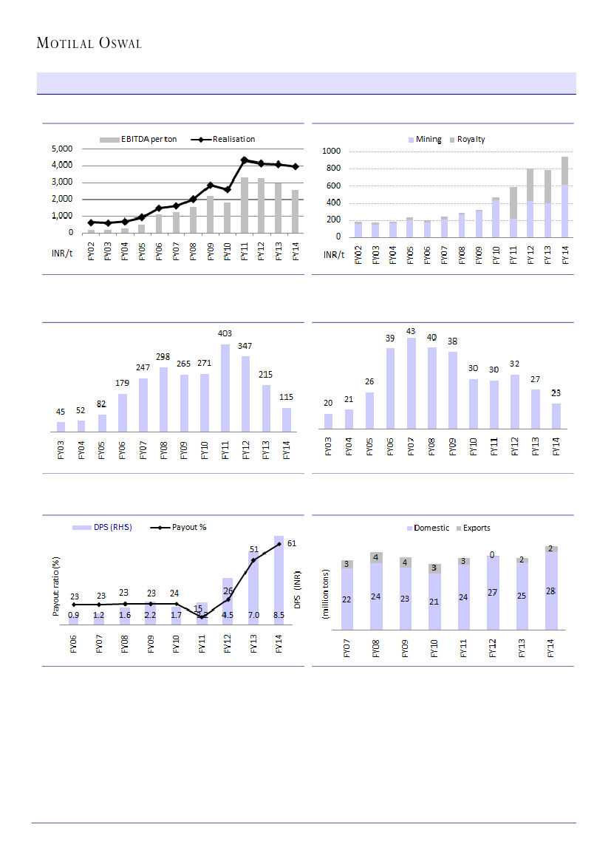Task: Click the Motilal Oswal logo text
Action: point(89,44)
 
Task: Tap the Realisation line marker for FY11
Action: point(244,160)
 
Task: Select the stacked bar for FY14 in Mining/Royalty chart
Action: point(564,197)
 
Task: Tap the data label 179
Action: point(123,383)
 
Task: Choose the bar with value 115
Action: point(286,418)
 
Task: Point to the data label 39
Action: point(390,339)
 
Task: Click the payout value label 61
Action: point(292,543)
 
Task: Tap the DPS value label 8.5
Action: point(279,615)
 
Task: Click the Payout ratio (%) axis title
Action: point(55,588)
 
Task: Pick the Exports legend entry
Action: point(477,528)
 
